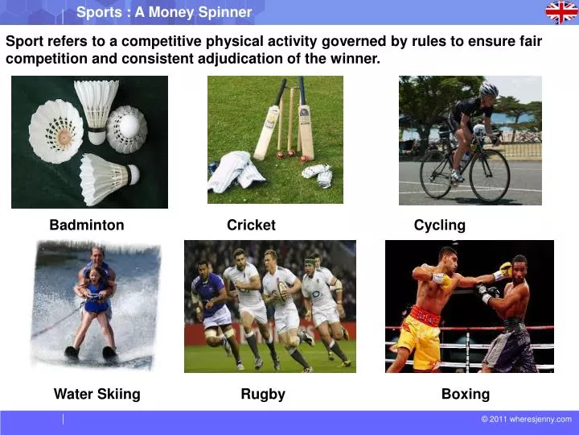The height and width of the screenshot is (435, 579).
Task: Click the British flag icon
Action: point(561,12)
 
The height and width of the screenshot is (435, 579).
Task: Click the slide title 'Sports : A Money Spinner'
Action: point(164,12)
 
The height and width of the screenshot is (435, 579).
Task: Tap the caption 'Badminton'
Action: point(87,226)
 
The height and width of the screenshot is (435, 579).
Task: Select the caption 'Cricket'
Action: point(251,226)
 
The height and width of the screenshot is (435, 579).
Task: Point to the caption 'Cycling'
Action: point(439,226)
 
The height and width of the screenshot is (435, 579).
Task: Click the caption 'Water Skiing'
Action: point(96,394)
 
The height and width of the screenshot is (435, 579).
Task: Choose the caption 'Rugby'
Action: point(263,394)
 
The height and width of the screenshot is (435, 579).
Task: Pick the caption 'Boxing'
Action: point(465,394)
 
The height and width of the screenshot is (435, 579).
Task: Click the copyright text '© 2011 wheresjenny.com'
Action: point(526,419)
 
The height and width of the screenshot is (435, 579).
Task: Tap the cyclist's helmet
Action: point(488,89)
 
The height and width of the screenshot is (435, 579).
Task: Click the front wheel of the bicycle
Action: point(490,176)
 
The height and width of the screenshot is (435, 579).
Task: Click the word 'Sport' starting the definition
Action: point(23,42)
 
